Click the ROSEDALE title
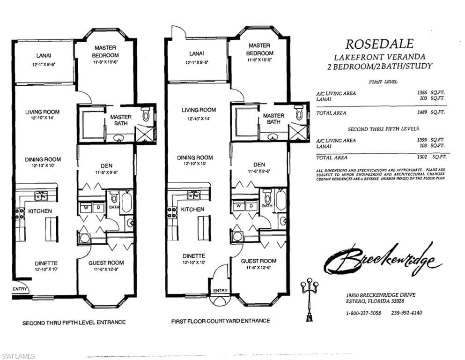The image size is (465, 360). (379, 44)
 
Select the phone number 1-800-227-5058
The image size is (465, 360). (363, 313)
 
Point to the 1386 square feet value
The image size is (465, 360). (422, 93)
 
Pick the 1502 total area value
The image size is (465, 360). (422, 157)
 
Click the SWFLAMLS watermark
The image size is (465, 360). (18, 356)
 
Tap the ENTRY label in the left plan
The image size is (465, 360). (20, 289)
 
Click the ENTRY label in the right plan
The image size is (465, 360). (220, 291)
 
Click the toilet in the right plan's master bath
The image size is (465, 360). (299, 112)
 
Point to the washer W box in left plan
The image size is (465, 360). (87, 207)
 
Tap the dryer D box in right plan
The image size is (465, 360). (251, 205)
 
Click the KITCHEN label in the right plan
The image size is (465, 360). (192, 209)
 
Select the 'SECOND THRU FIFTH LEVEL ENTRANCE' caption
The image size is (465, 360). (74, 322)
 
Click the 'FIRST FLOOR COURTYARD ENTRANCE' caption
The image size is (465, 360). (221, 321)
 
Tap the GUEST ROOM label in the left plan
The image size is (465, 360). (106, 263)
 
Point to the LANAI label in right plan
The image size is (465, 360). (196, 53)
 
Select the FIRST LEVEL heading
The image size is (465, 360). (383, 82)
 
